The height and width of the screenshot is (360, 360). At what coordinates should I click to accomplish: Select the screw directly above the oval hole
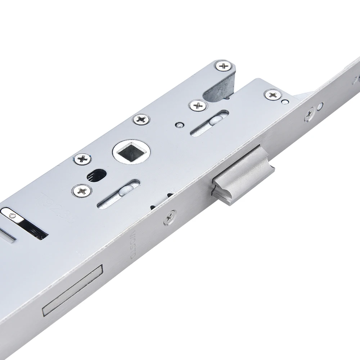(82, 159)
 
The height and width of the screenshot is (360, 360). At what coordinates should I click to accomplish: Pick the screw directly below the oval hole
(82, 190)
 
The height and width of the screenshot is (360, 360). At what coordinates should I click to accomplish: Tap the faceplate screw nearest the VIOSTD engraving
(170, 217)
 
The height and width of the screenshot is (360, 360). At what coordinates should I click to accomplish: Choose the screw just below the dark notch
(198, 105)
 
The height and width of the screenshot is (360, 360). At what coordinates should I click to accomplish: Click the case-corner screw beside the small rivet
(273, 95)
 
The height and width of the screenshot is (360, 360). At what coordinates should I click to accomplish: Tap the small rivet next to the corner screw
(285, 102)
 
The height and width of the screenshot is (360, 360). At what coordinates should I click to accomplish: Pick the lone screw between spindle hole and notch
(141, 119)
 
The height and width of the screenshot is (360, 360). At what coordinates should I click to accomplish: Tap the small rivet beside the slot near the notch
(178, 125)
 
